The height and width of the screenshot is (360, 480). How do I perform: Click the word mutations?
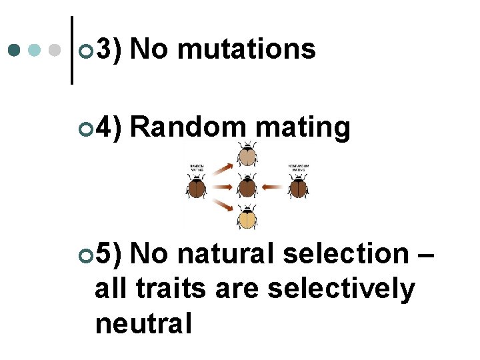[x=247, y=49]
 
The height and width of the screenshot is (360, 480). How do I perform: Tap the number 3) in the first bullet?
[x=109, y=49]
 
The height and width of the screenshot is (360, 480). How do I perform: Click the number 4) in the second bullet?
[x=109, y=127]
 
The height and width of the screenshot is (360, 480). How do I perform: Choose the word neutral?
[x=143, y=324]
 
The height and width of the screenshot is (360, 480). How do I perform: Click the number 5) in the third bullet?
[x=109, y=253]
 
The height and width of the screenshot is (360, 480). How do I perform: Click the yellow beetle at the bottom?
[x=247, y=217]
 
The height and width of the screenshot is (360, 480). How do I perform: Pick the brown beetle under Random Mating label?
[x=197, y=187]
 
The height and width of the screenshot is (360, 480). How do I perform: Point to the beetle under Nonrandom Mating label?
[x=297, y=187]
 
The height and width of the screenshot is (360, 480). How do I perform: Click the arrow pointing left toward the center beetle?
[x=272, y=187]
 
